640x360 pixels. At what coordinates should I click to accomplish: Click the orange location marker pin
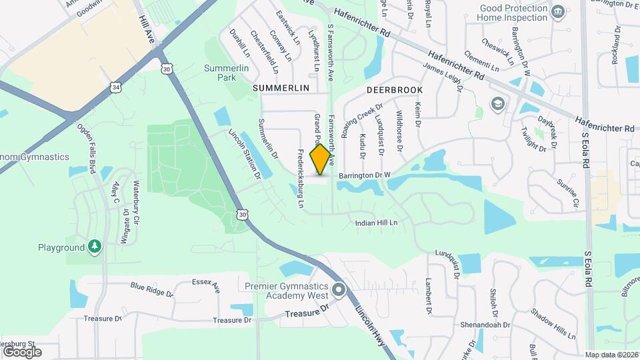(321, 159)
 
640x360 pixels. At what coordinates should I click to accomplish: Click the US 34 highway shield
(116, 87)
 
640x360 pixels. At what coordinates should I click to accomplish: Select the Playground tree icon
(95, 247)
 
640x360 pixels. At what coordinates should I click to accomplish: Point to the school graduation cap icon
(497, 104)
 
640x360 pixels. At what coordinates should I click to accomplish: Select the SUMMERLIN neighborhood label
(281, 88)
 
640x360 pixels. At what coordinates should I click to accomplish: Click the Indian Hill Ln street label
(376, 223)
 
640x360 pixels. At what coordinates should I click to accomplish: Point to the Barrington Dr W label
(364, 175)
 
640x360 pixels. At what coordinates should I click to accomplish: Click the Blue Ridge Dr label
(151, 289)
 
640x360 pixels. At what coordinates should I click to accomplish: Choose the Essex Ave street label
(205, 286)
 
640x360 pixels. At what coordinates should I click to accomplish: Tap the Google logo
(22, 351)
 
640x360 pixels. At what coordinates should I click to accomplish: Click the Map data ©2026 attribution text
(611, 355)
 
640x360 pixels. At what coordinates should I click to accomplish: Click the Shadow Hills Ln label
(553, 323)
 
